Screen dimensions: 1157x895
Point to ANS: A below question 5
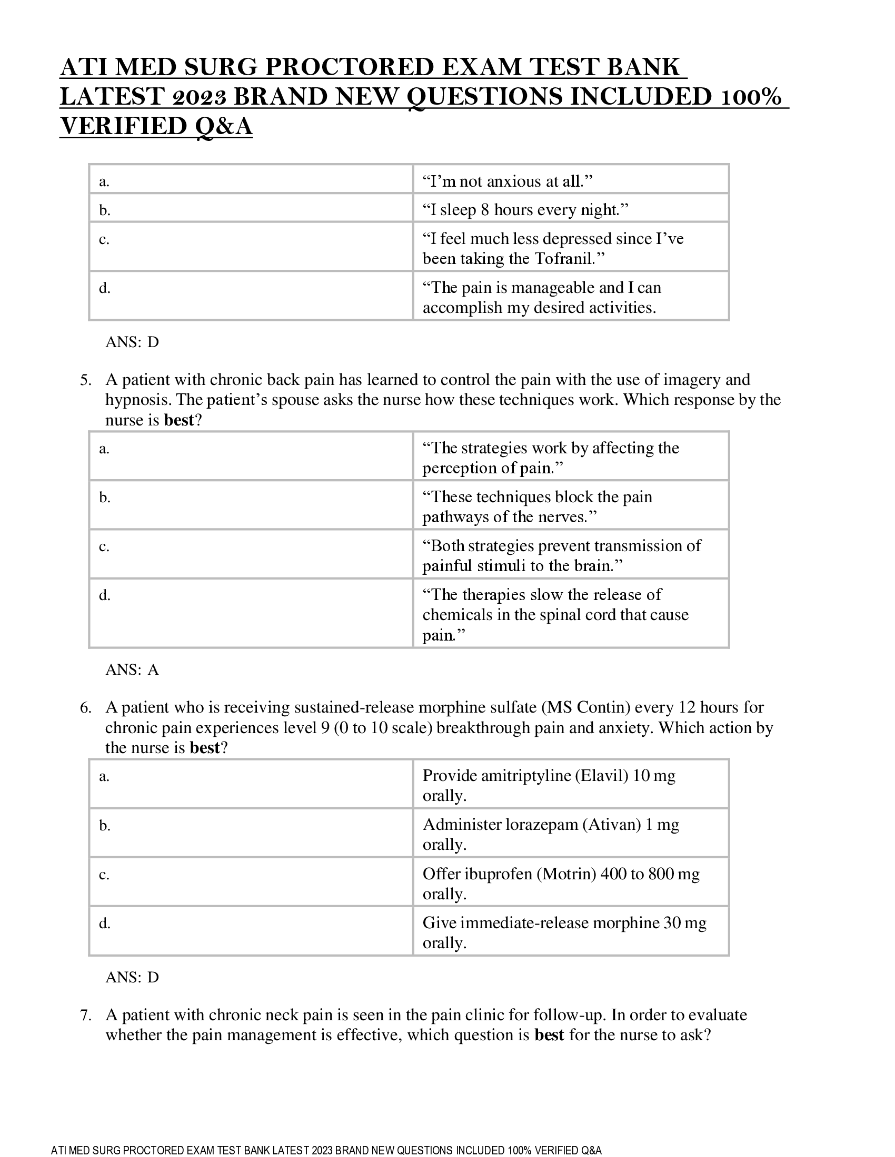pos(132,670)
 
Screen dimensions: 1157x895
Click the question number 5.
pos(85,380)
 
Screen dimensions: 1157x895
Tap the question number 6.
pos(85,707)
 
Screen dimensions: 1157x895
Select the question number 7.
pos(85,1015)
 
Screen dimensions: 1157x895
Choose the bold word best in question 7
pos(549,1035)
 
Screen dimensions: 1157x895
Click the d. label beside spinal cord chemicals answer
pos(104,595)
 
